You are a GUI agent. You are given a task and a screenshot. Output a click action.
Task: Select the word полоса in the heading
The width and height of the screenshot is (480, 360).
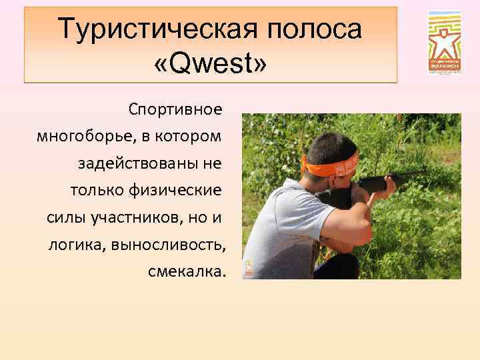tap(315, 29)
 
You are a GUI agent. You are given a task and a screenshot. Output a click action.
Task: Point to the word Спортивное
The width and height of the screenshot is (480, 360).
tap(177, 107)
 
